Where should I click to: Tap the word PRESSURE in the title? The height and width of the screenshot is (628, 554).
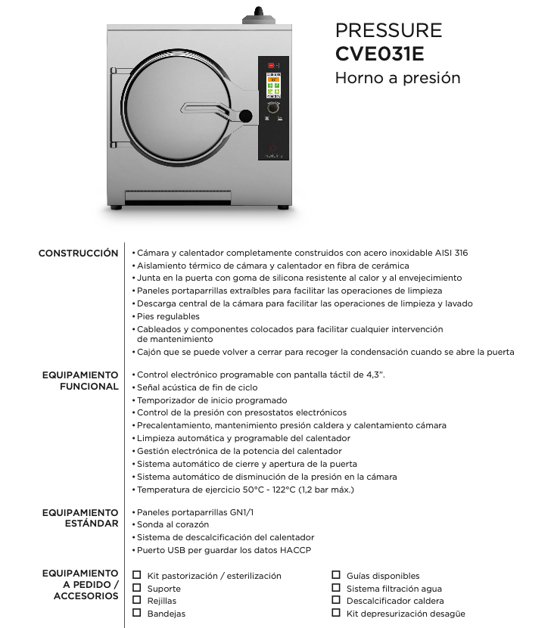click(388, 30)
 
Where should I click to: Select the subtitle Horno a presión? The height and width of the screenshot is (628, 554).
click(397, 78)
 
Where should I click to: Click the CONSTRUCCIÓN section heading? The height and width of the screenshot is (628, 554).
click(78, 253)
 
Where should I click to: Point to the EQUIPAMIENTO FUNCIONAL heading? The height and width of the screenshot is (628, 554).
click(79, 381)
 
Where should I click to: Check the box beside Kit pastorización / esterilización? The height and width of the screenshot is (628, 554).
click(137, 575)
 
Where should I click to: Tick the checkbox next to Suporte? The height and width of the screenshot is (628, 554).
click(137, 588)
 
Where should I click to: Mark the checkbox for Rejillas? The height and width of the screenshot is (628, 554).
click(137, 600)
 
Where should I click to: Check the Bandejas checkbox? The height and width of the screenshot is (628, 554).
click(137, 613)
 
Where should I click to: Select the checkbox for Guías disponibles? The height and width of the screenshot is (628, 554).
click(336, 575)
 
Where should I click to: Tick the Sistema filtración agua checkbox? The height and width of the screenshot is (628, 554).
click(336, 588)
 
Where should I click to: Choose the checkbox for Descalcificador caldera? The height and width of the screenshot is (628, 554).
click(336, 600)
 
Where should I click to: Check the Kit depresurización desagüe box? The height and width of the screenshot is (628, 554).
click(336, 613)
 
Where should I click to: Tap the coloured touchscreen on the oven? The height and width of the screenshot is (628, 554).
click(273, 86)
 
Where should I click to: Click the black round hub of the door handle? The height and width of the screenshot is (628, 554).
click(245, 116)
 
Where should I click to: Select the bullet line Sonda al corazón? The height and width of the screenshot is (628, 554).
click(173, 524)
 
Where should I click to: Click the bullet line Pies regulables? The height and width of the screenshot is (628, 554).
click(168, 316)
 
